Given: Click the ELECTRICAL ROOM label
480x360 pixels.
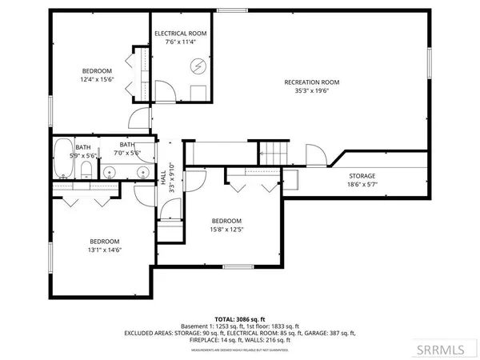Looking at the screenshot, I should coord(180,33).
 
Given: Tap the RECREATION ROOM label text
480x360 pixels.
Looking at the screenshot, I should coord(312,82).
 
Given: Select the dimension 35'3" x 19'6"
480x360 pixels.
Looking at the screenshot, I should coord(312,91).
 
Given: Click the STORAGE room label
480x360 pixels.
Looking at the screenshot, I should coord(362,175).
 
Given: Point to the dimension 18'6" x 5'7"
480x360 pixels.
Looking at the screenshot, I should coord(362,184).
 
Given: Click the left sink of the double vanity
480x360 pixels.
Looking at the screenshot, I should coord(111,170).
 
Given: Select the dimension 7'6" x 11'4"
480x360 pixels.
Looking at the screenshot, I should coord(180,42).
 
